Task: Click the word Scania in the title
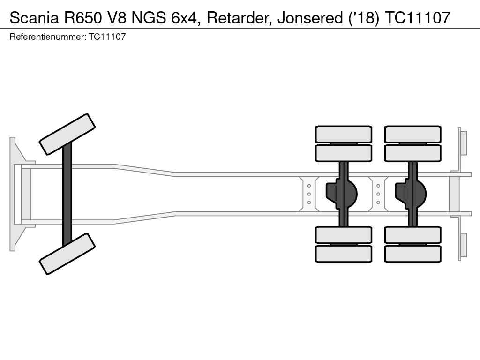(34, 18)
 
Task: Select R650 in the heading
(83, 18)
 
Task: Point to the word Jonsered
(310, 18)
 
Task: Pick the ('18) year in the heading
(364, 18)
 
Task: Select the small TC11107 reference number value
(107, 37)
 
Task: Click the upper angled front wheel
(67, 135)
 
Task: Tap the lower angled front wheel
(67, 254)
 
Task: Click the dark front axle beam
(67, 194)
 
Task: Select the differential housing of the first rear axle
(342, 194)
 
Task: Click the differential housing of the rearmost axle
(411, 194)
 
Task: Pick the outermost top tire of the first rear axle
(344, 134)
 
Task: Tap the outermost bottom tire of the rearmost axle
(412, 254)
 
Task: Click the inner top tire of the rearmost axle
(412, 153)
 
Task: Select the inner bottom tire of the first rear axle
(344, 235)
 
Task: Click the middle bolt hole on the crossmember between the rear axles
(378, 194)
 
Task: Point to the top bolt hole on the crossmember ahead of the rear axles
(309, 186)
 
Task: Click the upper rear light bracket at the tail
(462, 143)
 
